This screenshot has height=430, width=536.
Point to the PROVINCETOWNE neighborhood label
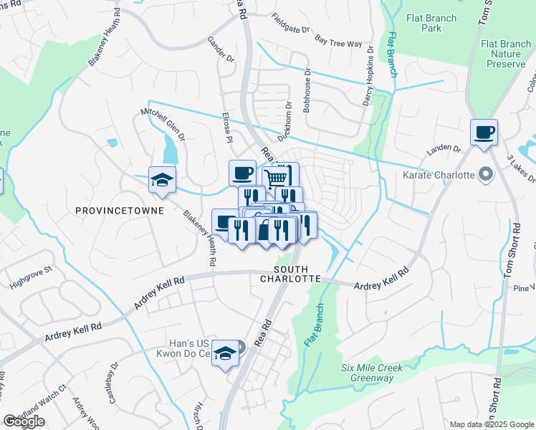tap(120, 211)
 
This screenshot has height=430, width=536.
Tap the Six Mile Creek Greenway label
tap(372, 373)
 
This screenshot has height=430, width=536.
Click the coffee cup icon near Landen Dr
tap(484, 132)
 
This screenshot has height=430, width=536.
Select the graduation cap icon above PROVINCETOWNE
tap(163, 179)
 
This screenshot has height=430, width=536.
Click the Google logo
tap(24, 421)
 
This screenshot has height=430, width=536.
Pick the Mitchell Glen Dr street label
tap(163, 123)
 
